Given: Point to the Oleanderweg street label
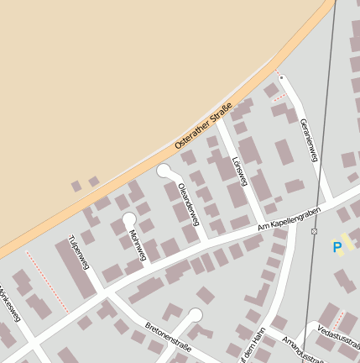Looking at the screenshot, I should tap(188, 202).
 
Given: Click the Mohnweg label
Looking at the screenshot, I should tap(138, 243).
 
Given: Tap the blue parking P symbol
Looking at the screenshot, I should tap(337, 247).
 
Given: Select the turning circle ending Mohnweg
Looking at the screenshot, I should tap(128, 218).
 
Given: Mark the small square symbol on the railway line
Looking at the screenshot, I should tap(314, 231).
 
